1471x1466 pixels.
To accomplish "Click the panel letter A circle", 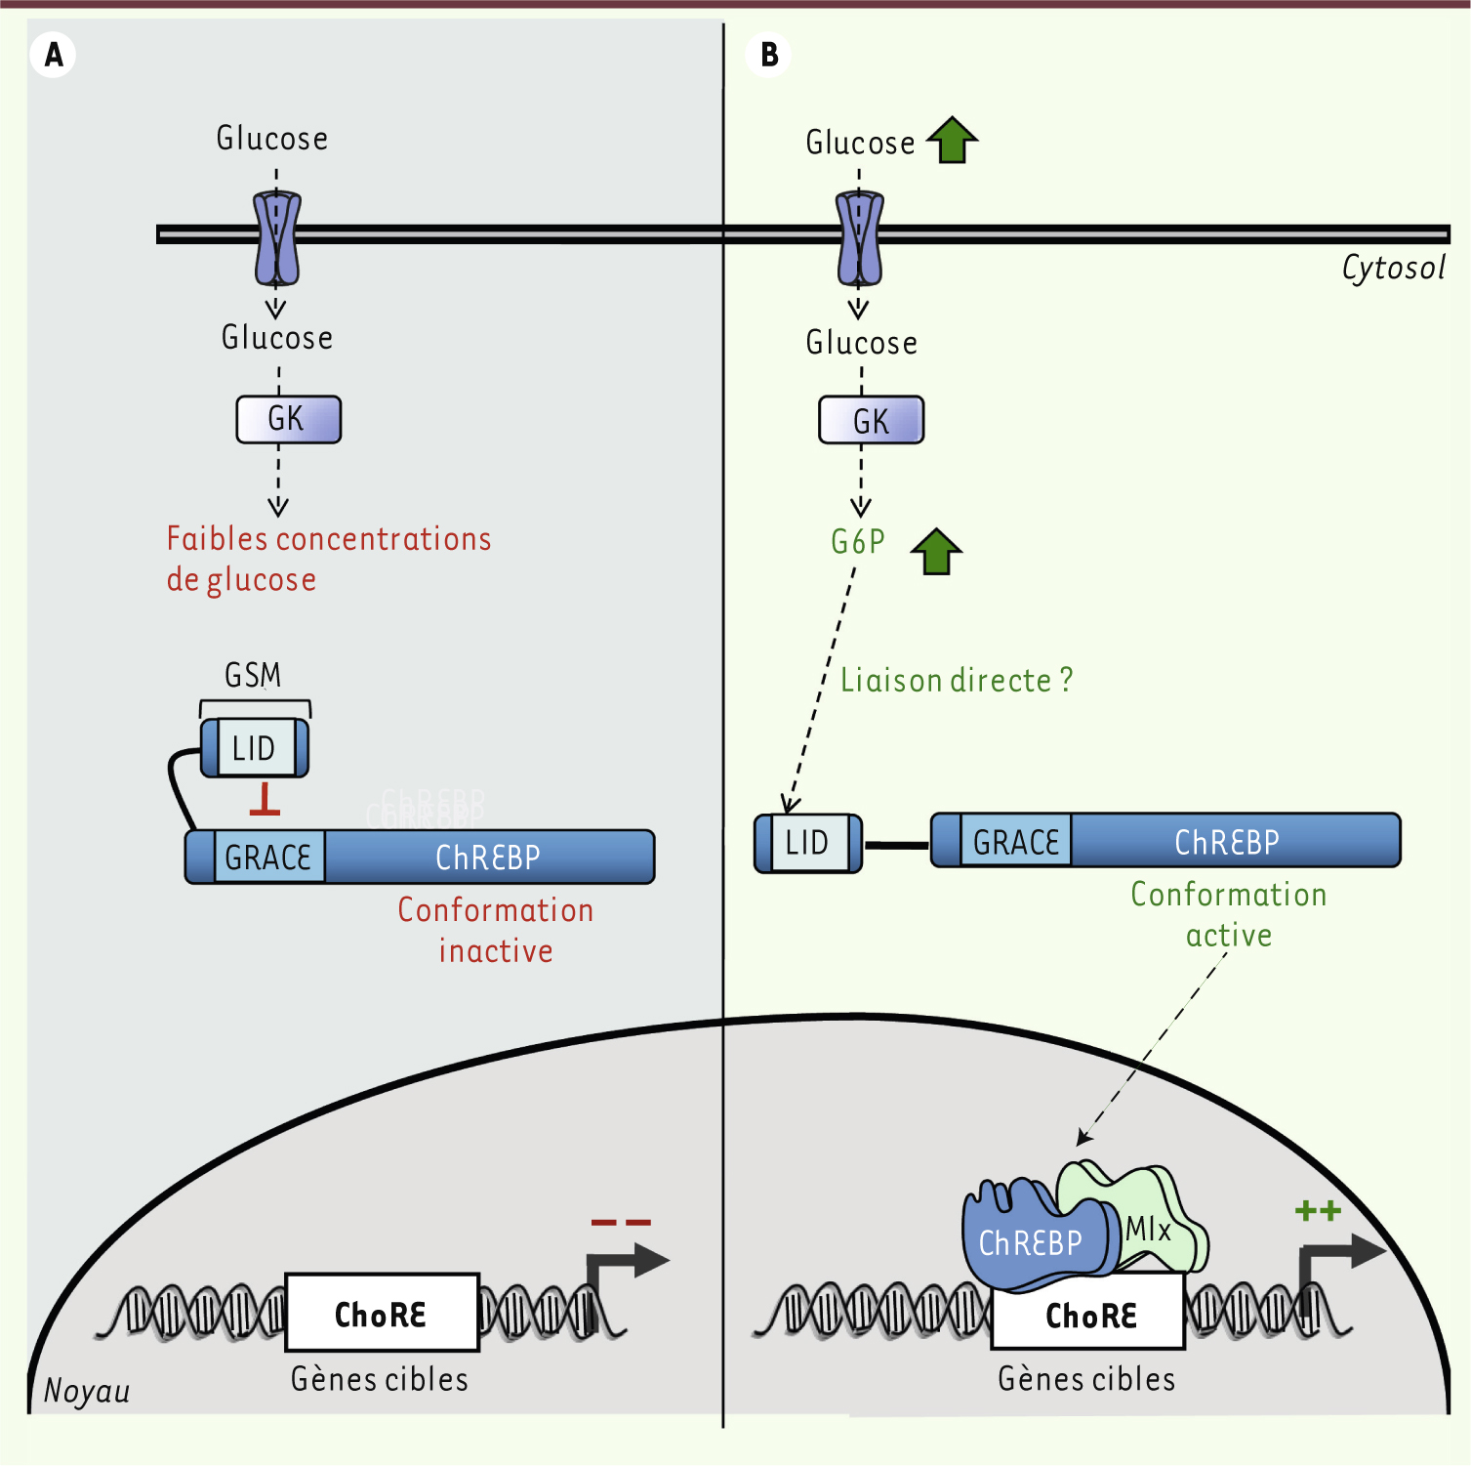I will pos(54,55).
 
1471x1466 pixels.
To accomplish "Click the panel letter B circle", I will pos(769,55).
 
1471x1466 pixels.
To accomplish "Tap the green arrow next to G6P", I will pos(936,552).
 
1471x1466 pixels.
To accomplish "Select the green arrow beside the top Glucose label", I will pos(952,141).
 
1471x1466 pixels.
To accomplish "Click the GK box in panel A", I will pos(289,420).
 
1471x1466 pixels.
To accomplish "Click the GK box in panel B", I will pos(871,421).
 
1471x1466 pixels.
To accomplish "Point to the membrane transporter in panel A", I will pos(277,238).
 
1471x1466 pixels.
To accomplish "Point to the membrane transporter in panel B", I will pos(860,238).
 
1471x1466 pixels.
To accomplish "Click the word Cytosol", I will pos(1393,269).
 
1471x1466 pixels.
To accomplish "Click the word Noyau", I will pos(87,1391).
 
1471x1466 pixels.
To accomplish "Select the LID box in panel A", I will pos(255,748).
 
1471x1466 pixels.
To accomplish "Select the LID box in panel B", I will pos(808,843).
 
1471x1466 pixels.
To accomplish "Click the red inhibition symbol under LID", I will pos(265,799).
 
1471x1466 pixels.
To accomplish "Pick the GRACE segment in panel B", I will pos(1016,842).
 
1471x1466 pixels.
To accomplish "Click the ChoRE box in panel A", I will pos(382,1314).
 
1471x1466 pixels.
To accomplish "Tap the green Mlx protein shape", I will pos(1157,1221).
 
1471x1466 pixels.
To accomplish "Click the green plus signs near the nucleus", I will pos(1318,1212).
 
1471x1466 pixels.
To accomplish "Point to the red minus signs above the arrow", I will pos(621,1222).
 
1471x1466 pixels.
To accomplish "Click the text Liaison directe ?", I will pos(957,681).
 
